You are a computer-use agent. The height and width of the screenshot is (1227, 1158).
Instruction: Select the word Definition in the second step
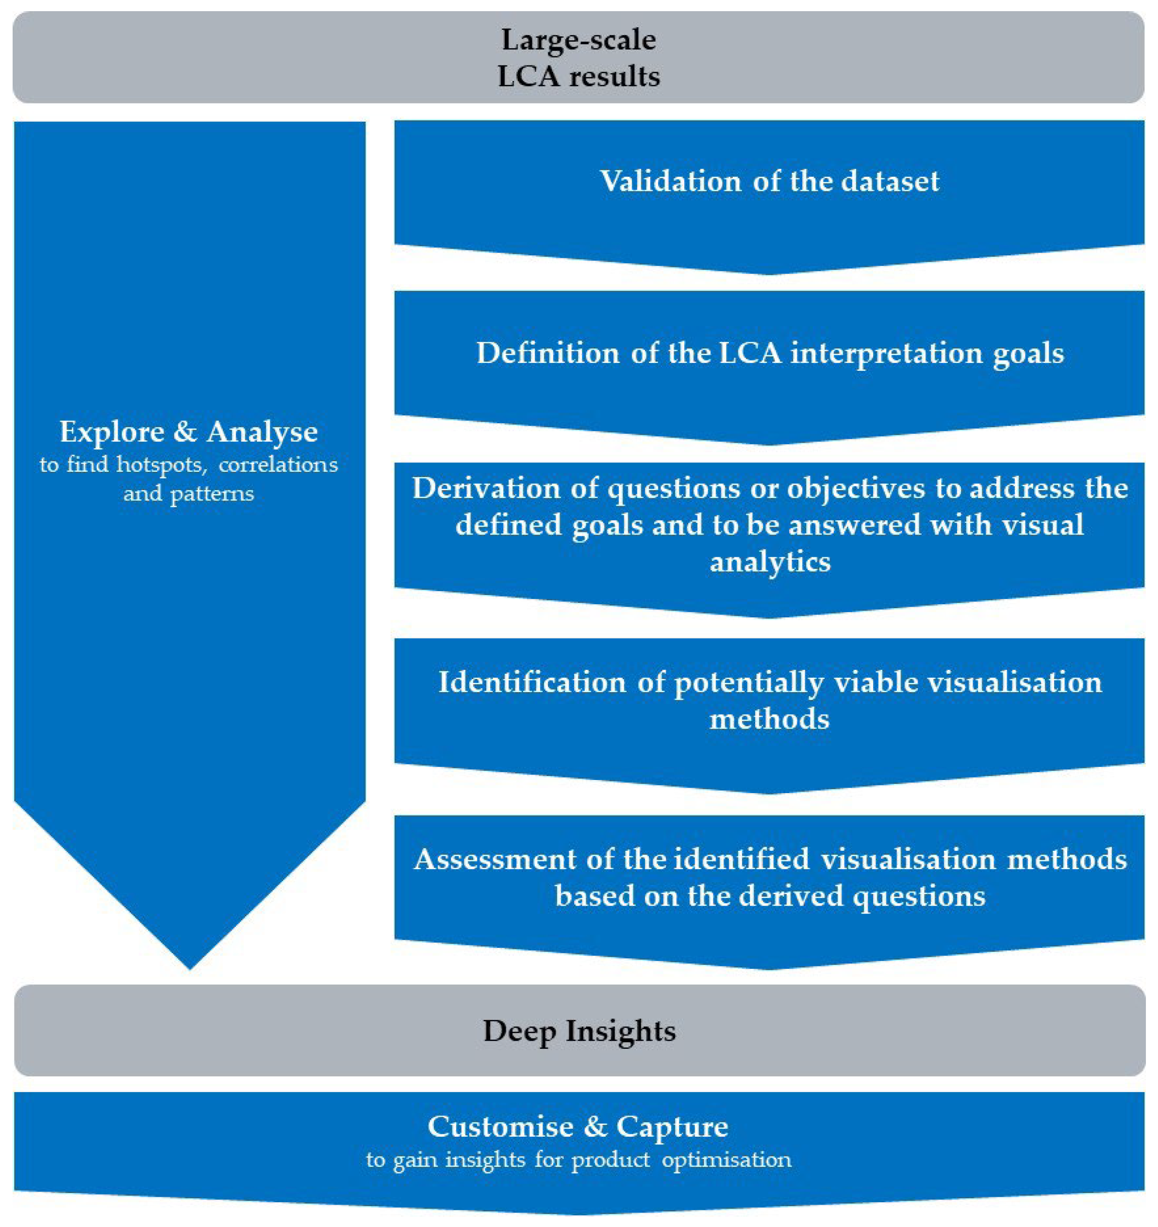(547, 353)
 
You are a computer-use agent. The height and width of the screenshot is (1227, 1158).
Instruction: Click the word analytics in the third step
(770, 562)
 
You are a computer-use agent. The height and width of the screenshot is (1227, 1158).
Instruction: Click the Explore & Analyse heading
(189, 431)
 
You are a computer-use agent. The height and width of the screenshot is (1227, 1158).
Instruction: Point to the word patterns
(212, 494)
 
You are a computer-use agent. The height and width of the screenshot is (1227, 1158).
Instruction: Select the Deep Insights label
(579, 1031)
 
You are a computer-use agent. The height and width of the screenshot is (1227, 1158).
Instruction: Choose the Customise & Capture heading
(578, 1127)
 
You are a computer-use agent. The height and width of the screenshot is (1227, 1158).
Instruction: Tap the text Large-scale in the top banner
(579, 40)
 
